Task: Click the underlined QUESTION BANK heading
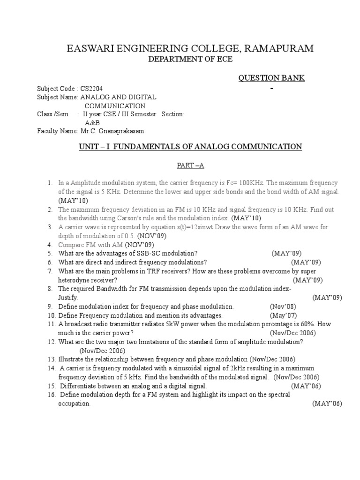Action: pos(272,78)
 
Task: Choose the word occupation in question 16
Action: pos(74,403)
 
